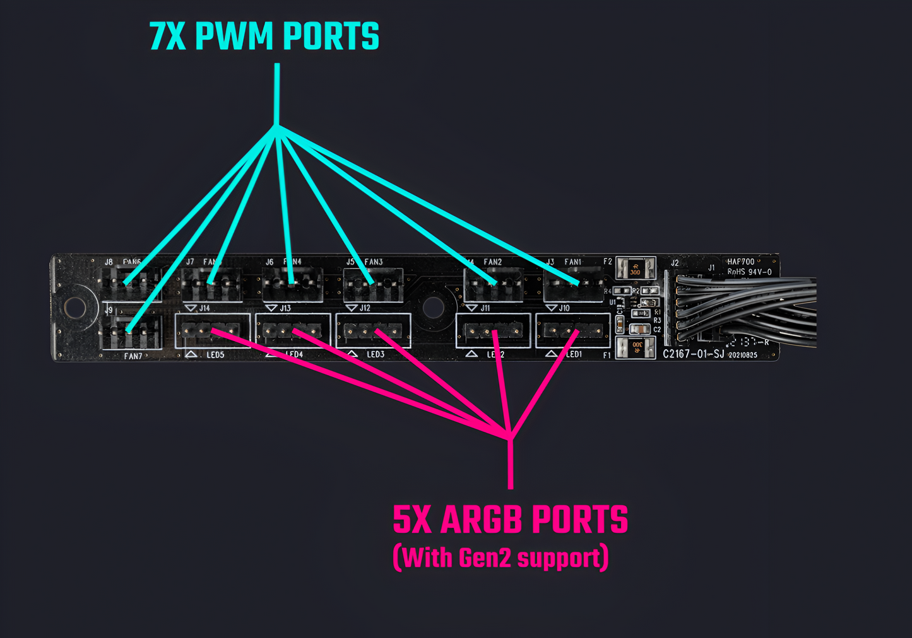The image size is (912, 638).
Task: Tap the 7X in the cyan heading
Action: click(167, 37)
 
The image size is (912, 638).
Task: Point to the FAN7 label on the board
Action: click(133, 356)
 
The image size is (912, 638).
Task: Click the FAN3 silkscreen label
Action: click(374, 262)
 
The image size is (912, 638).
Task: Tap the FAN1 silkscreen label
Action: click(572, 262)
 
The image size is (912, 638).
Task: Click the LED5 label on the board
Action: click(215, 355)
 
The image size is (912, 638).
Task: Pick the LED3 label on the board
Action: click(376, 354)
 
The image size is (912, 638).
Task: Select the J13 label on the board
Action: click(285, 308)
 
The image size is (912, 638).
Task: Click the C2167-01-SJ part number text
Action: click(693, 354)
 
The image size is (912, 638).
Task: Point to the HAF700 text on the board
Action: click(740, 262)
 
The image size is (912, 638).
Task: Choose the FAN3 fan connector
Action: click(372, 285)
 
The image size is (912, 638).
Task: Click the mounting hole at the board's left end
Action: click(74, 308)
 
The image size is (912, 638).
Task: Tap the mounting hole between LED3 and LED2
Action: click(433, 308)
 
